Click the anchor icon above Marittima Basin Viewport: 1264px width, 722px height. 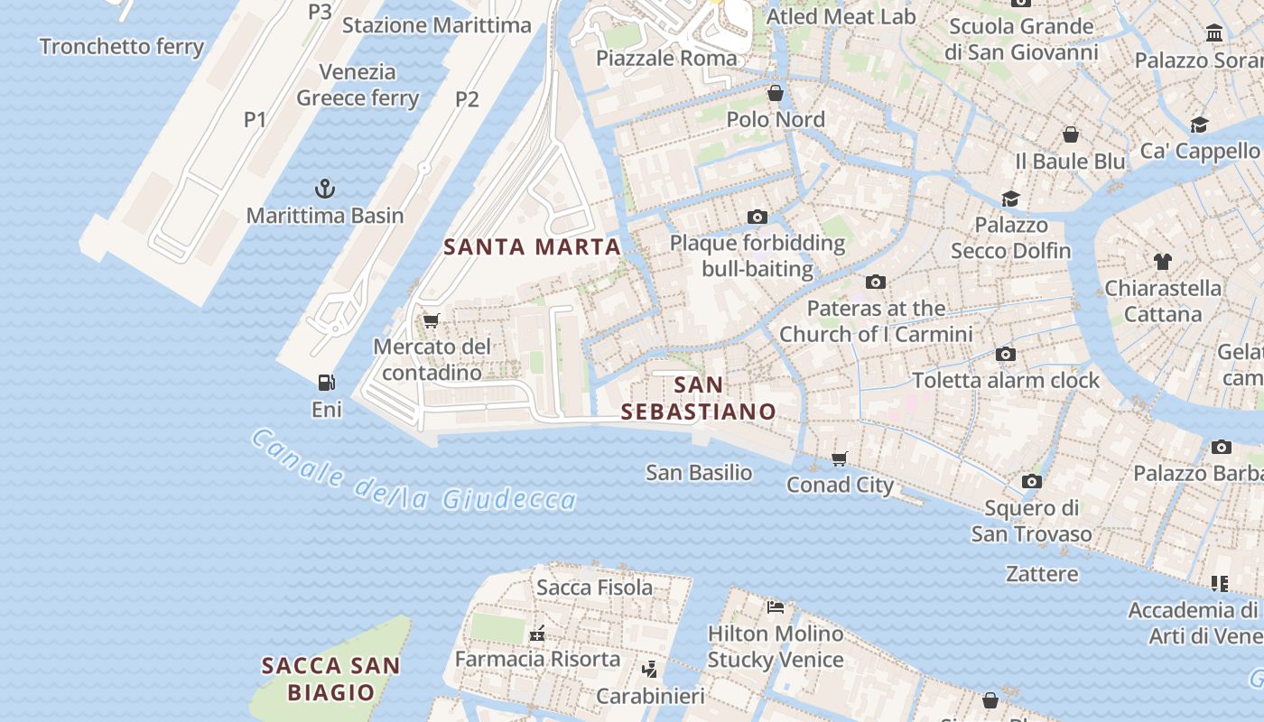(x=324, y=189)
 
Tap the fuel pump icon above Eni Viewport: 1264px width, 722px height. (x=327, y=383)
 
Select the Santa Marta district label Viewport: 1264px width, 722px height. (x=533, y=246)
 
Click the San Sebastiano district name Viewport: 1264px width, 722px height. (x=699, y=398)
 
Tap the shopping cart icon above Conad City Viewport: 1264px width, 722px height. (x=840, y=458)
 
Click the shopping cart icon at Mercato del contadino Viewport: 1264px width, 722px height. (x=432, y=320)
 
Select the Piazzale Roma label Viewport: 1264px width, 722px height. (x=666, y=59)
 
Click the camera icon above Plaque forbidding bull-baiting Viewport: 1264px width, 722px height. (x=757, y=217)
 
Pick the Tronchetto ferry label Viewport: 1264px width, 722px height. (x=122, y=46)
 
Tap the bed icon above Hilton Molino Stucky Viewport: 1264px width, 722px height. (x=776, y=606)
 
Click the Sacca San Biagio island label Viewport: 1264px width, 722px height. (x=330, y=679)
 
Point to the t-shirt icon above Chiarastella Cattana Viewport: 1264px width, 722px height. (x=1163, y=262)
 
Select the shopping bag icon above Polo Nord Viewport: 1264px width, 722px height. (x=776, y=93)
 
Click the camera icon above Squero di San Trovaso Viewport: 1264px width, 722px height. (x=1032, y=481)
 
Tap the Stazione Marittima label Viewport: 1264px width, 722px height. (x=437, y=24)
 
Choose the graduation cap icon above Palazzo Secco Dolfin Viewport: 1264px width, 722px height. (x=1010, y=199)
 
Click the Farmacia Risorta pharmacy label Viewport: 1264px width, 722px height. (x=537, y=659)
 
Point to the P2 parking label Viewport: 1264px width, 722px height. (x=467, y=99)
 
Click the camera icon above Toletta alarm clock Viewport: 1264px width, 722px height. (x=1006, y=354)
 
